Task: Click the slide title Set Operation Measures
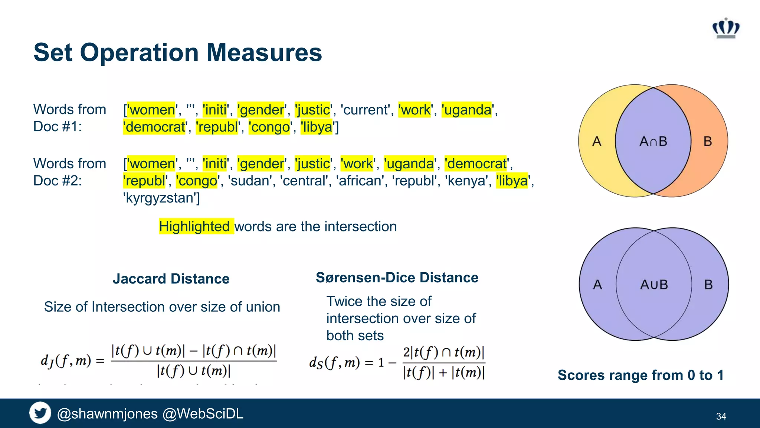pos(178,52)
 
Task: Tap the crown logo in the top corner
pos(726,28)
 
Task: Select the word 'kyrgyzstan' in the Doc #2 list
pos(161,198)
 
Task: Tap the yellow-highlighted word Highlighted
pos(194,226)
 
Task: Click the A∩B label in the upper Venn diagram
pos(653,142)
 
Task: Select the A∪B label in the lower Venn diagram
pos(654,285)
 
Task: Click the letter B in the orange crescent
pos(708,142)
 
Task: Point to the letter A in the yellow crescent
pos(597,142)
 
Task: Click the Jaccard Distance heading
pos(171,279)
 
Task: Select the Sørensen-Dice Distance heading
pos(397,278)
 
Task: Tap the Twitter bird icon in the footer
pos(40,413)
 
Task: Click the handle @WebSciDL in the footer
pos(203,414)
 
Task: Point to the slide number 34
pos(721,416)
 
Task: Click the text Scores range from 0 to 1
pos(641,375)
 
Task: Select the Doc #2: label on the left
pos(58,181)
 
